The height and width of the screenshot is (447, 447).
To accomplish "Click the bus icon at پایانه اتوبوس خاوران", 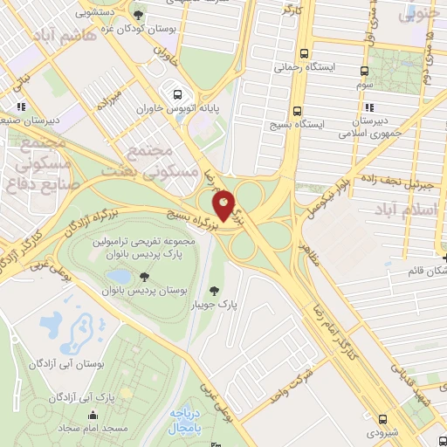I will coord(178,94).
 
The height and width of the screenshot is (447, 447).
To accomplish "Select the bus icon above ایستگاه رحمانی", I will coord(303,52).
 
